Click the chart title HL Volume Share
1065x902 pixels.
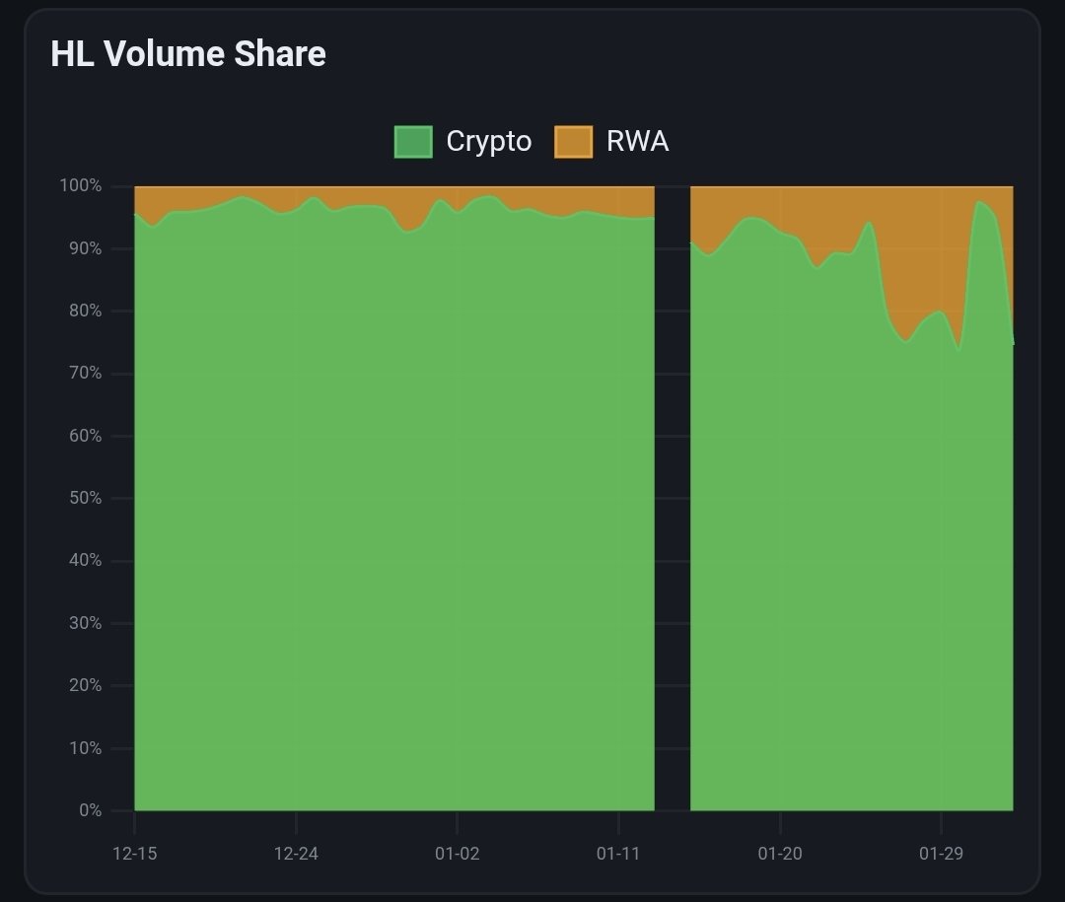(x=188, y=54)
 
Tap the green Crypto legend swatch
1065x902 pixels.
(x=413, y=142)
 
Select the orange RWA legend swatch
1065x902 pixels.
(x=574, y=142)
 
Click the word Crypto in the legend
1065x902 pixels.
(x=488, y=142)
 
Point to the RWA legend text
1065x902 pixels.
(x=637, y=142)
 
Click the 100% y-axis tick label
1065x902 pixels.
(x=80, y=186)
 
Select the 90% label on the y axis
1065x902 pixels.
(x=83, y=249)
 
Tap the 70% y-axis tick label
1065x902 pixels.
(x=83, y=374)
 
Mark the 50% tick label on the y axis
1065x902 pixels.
(x=83, y=499)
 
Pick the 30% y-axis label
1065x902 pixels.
(x=83, y=623)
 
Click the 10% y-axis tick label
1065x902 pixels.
(x=83, y=748)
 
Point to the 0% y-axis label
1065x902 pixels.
(x=90, y=810)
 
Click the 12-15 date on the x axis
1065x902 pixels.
(x=135, y=854)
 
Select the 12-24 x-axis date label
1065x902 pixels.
(x=296, y=854)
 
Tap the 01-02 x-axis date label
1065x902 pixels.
(x=457, y=854)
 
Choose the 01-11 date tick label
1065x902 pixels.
(x=618, y=854)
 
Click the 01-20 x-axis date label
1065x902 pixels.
(x=780, y=854)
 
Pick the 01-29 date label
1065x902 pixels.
(x=941, y=854)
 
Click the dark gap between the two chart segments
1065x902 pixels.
(x=673, y=493)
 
